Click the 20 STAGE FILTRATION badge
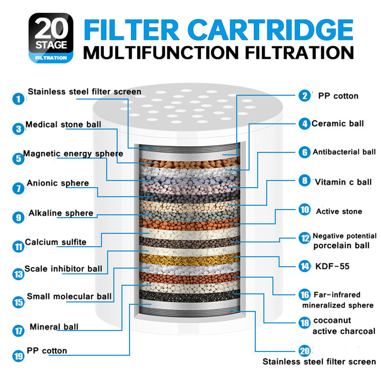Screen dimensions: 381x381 [x=51, y=38]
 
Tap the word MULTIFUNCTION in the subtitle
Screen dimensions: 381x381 [x=161, y=53]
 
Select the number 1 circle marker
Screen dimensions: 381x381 [x=18, y=99]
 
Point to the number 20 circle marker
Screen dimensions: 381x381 [x=304, y=351]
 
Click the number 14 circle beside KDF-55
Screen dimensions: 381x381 [x=304, y=266]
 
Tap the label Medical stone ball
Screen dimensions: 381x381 [x=63, y=124]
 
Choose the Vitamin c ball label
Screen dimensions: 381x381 [x=344, y=182]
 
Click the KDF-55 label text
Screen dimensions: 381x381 [x=332, y=266]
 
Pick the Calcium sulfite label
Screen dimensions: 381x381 [x=56, y=242]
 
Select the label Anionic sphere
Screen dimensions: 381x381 [x=58, y=183]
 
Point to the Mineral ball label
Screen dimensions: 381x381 [x=54, y=327]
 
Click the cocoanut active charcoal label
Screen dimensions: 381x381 [x=344, y=326]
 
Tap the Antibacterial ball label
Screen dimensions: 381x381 [x=344, y=152]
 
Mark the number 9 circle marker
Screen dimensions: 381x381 [x=18, y=217]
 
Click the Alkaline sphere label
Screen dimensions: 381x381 [x=61, y=213]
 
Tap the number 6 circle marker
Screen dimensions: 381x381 [x=304, y=152]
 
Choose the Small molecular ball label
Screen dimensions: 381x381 [x=69, y=296]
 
